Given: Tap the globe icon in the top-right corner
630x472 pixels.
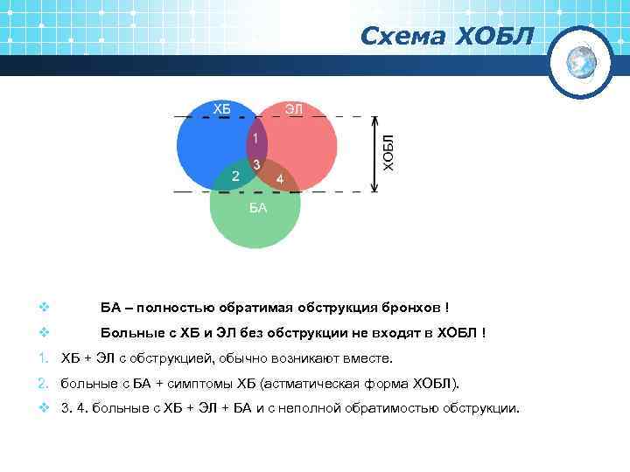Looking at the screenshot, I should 581,61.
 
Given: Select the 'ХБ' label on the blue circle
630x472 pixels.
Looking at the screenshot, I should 223,108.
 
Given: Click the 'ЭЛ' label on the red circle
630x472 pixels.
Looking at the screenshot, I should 294,108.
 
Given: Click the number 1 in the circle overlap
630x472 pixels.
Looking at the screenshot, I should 255,139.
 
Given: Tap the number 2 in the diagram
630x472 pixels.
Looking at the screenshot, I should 234,177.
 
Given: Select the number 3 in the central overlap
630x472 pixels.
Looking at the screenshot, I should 255,164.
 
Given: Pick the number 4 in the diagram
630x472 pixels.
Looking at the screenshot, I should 279,179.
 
